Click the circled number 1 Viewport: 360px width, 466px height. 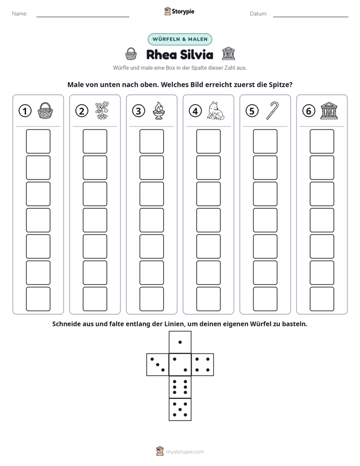pos(25,111)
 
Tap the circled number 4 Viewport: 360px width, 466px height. pos(195,111)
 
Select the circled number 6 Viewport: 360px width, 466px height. pos(309,111)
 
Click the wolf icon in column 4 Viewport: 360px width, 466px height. pos(216,111)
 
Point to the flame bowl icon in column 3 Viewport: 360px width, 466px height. pos(159,111)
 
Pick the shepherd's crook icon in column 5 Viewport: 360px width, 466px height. pos(272,111)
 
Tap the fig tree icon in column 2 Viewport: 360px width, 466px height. pos(102,111)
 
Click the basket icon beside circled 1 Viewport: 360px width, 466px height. pos(45,111)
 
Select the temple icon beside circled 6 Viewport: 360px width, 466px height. pos(329,111)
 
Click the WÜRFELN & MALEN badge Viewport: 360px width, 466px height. pos(180,39)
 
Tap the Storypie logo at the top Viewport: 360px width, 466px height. pos(179,12)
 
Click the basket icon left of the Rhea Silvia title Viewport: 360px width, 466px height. pos(131,54)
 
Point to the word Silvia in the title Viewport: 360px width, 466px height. pos(197,54)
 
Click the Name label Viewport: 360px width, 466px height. pos(20,14)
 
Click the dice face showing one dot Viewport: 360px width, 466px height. pos(180,342)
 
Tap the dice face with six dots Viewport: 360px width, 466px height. pos(180,387)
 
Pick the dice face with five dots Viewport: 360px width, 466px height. pos(180,410)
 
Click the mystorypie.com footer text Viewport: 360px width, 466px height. pos(185,452)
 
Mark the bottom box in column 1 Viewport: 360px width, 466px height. pos(38,299)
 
